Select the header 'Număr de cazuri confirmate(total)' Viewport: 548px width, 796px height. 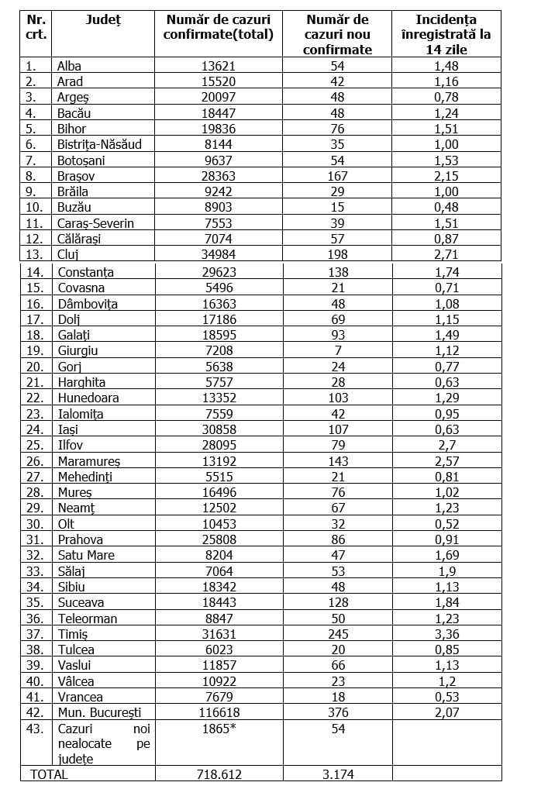click(x=219, y=27)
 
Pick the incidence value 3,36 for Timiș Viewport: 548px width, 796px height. click(x=446, y=634)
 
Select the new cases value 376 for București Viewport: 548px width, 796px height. click(x=337, y=712)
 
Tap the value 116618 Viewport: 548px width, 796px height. click(x=219, y=712)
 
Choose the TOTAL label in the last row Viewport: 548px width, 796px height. click(x=49, y=774)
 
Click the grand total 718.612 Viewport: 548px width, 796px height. click(x=219, y=774)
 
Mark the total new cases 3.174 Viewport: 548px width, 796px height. click(x=337, y=774)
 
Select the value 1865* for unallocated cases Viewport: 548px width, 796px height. click(x=219, y=729)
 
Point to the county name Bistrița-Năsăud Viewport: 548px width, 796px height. click(x=99, y=144)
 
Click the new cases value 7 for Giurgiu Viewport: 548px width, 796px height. click(x=337, y=350)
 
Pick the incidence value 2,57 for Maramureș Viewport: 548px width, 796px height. click(x=446, y=461)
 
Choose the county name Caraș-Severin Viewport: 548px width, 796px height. click(x=95, y=223)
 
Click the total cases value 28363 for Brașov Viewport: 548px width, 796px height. click(x=219, y=176)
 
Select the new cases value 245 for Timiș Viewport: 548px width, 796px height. click(x=337, y=634)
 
